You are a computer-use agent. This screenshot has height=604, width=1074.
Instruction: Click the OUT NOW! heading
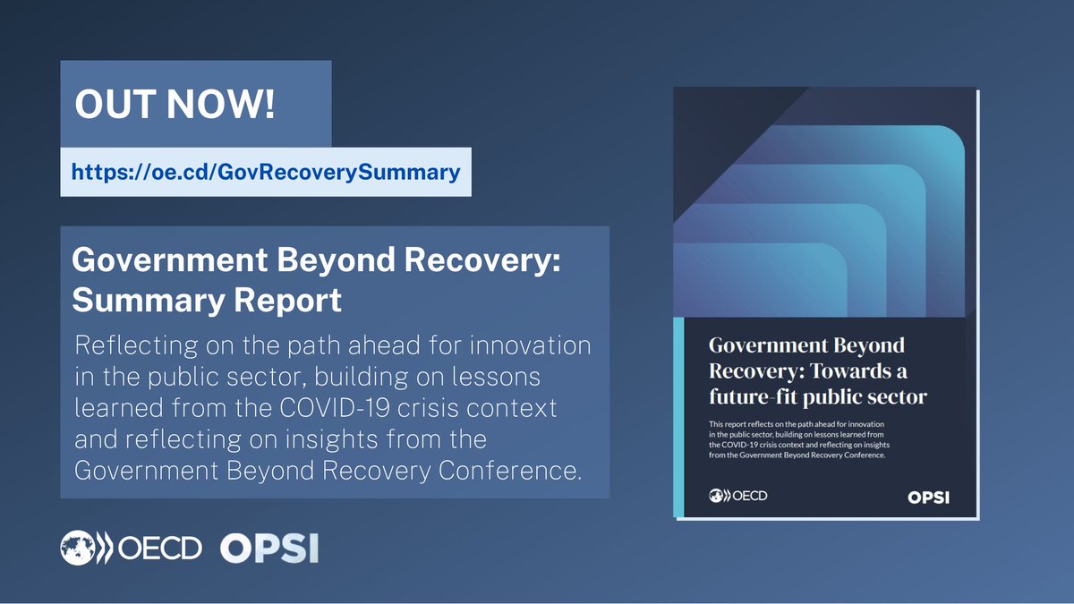pos(175,105)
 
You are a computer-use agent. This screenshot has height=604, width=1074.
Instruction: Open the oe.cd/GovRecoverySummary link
pos(266,171)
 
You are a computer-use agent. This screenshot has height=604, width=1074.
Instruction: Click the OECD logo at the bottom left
pos(132,547)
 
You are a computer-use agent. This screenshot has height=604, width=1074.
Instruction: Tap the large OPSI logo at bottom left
pos(269,548)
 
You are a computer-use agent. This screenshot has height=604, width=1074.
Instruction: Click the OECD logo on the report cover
pos(737,495)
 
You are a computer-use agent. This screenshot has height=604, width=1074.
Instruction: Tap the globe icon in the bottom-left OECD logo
pos(77,547)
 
